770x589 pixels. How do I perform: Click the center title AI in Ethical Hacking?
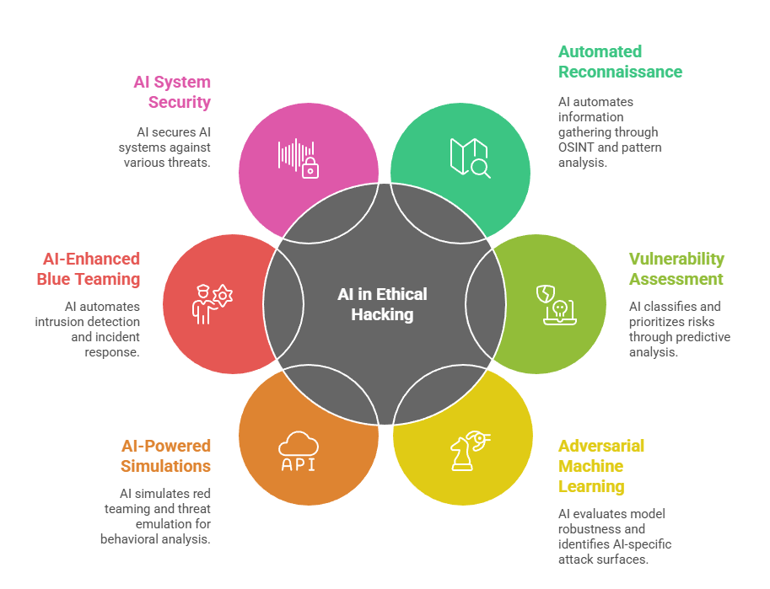[x=382, y=304]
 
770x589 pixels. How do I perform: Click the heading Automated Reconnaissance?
[x=620, y=62]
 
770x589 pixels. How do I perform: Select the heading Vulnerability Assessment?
[x=676, y=269]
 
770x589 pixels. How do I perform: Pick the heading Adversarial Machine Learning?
[x=600, y=466]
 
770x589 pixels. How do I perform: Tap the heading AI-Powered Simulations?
[x=166, y=456]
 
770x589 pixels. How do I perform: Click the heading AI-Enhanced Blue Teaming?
[x=88, y=269]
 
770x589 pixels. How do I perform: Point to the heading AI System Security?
[x=172, y=92]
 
